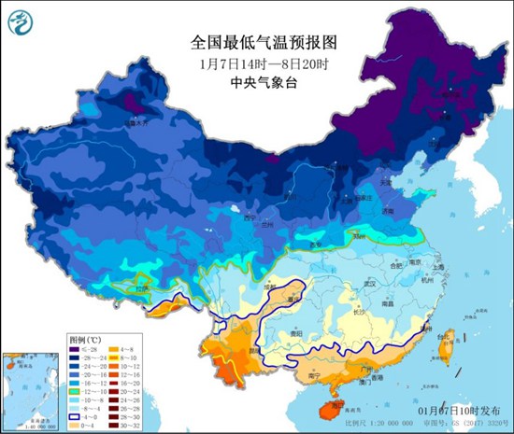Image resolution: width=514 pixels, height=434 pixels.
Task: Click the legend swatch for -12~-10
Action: pos(76,385)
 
